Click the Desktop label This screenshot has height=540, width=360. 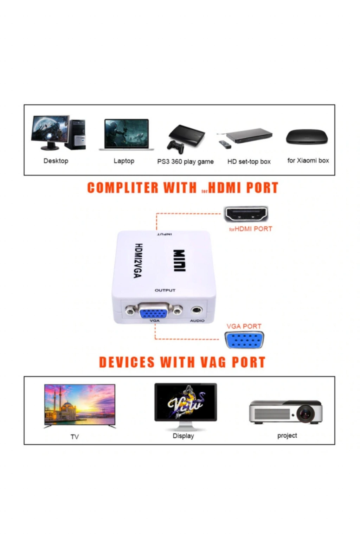(x=56, y=161)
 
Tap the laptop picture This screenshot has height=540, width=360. (x=126, y=135)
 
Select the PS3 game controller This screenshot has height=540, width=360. (x=176, y=147)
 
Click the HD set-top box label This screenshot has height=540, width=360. (x=249, y=161)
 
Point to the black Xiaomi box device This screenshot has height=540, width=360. (x=307, y=137)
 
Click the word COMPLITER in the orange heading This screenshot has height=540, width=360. (x=123, y=188)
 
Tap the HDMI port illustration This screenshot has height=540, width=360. (x=246, y=214)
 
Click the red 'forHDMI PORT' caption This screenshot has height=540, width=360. (x=251, y=229)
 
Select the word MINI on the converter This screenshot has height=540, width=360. (x=180, y=261)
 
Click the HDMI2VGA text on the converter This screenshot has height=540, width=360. (x=138, y=261)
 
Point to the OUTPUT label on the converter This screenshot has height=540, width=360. (x=165, y=290)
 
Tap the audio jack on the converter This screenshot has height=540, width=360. (x=197, y=310)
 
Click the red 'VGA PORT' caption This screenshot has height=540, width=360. (x=244, y=326)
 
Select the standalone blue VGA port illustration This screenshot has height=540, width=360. (x=244, y=340)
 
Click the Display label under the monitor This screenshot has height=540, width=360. (x=183, y=436)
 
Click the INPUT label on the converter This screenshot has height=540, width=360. (x=165, y=234)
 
